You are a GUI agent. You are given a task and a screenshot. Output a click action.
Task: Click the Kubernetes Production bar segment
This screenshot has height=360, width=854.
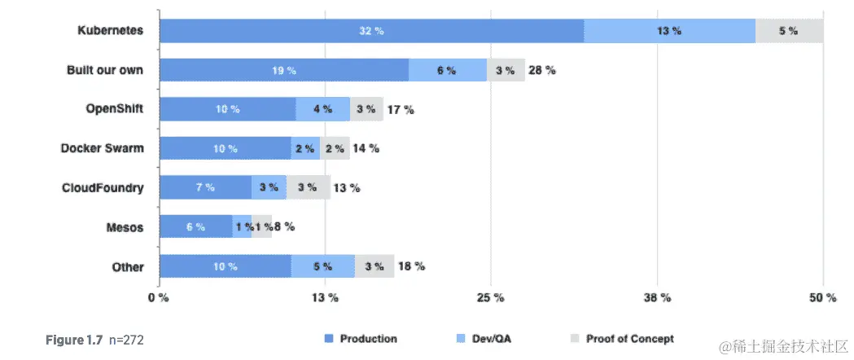pyautogui.click(x=371, y=31)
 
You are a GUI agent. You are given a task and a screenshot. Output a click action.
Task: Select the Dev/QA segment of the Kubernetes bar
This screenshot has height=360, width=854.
pyautogui.click(x=669, y=31)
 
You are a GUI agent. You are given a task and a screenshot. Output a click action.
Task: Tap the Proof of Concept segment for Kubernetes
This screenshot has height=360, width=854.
pyautogui.click(x=788, y=31)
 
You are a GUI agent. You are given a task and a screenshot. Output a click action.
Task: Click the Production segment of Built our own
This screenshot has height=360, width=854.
pyautogui.click(x=283, y=70)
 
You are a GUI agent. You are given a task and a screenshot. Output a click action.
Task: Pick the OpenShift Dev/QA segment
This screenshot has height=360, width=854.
pyautogui.click(x=322, y=109)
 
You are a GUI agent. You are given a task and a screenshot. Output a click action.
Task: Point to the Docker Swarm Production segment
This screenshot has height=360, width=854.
pyautogui.click(x=225, y=148)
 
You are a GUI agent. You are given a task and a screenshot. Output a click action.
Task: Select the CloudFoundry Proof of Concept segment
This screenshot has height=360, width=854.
pyautogui.click(x=308, y=187)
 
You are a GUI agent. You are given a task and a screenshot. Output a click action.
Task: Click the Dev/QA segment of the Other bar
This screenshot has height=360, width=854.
pyautogui.click(x=322, y=266)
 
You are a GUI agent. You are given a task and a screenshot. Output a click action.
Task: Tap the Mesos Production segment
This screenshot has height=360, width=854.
pyautogui.click(x=195, y=227)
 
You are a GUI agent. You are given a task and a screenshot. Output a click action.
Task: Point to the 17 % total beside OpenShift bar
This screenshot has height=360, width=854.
pyautogui.click(x=400, y=109)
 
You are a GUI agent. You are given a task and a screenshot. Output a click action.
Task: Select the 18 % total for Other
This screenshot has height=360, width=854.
pyautogui.click(x=410, y=266)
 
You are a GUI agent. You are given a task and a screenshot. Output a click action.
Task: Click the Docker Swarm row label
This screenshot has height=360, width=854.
pyautogui.click(x=102, y=148)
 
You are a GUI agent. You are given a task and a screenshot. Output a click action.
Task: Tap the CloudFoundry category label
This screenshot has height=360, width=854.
pyautogui.click(x=103, y=187)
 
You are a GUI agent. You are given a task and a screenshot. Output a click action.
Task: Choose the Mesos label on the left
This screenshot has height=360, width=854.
pyautogui.click(x=125, y=227)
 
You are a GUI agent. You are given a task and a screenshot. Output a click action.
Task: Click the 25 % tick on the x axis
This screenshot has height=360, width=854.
pyautogui.click(x=490, y=298)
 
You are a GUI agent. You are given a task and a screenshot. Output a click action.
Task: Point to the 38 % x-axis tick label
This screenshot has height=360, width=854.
pyautogui.click(x=656, y=298)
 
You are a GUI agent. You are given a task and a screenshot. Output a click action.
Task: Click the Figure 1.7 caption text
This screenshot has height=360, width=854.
pyautogui.click(x=74, y=339)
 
